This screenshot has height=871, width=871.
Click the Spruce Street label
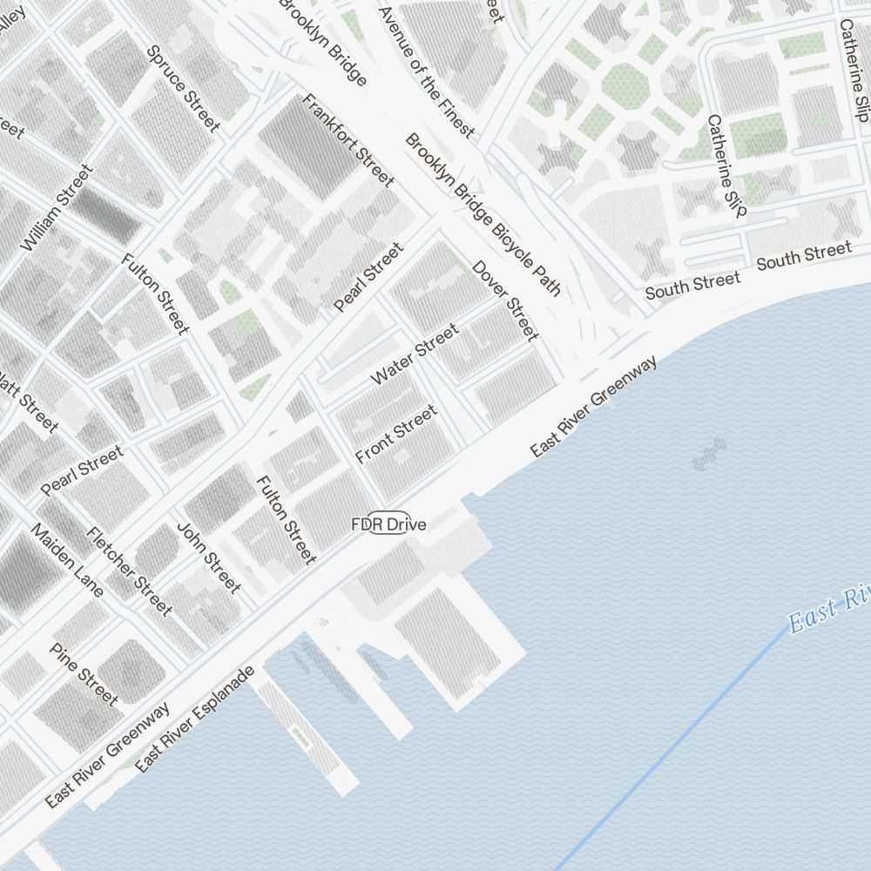click(x=183, y=88)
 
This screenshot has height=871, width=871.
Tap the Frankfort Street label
click(x=348, y=139)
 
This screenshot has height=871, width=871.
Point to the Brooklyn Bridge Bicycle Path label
click(x=483, y=214)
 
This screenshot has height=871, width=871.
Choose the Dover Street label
click(x=505, y=300)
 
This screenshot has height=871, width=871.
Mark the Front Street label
click(x=395, y=434)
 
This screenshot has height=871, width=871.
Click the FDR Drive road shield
click(x=388, y=524)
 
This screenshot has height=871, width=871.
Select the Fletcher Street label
click(x=129, y=571)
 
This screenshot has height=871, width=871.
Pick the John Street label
click(x=208, y=557)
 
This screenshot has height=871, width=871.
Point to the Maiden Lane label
click(x=67, y=560)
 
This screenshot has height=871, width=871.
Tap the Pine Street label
click(x=83, y=673)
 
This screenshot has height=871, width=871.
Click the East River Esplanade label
click(x=195, y=719)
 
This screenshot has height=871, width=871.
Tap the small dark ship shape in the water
click(x=709, y=453)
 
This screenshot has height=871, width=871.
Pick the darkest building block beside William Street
click(x=105, y=213)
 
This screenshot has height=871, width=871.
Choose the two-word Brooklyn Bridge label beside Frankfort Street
click(x=322, y=42)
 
